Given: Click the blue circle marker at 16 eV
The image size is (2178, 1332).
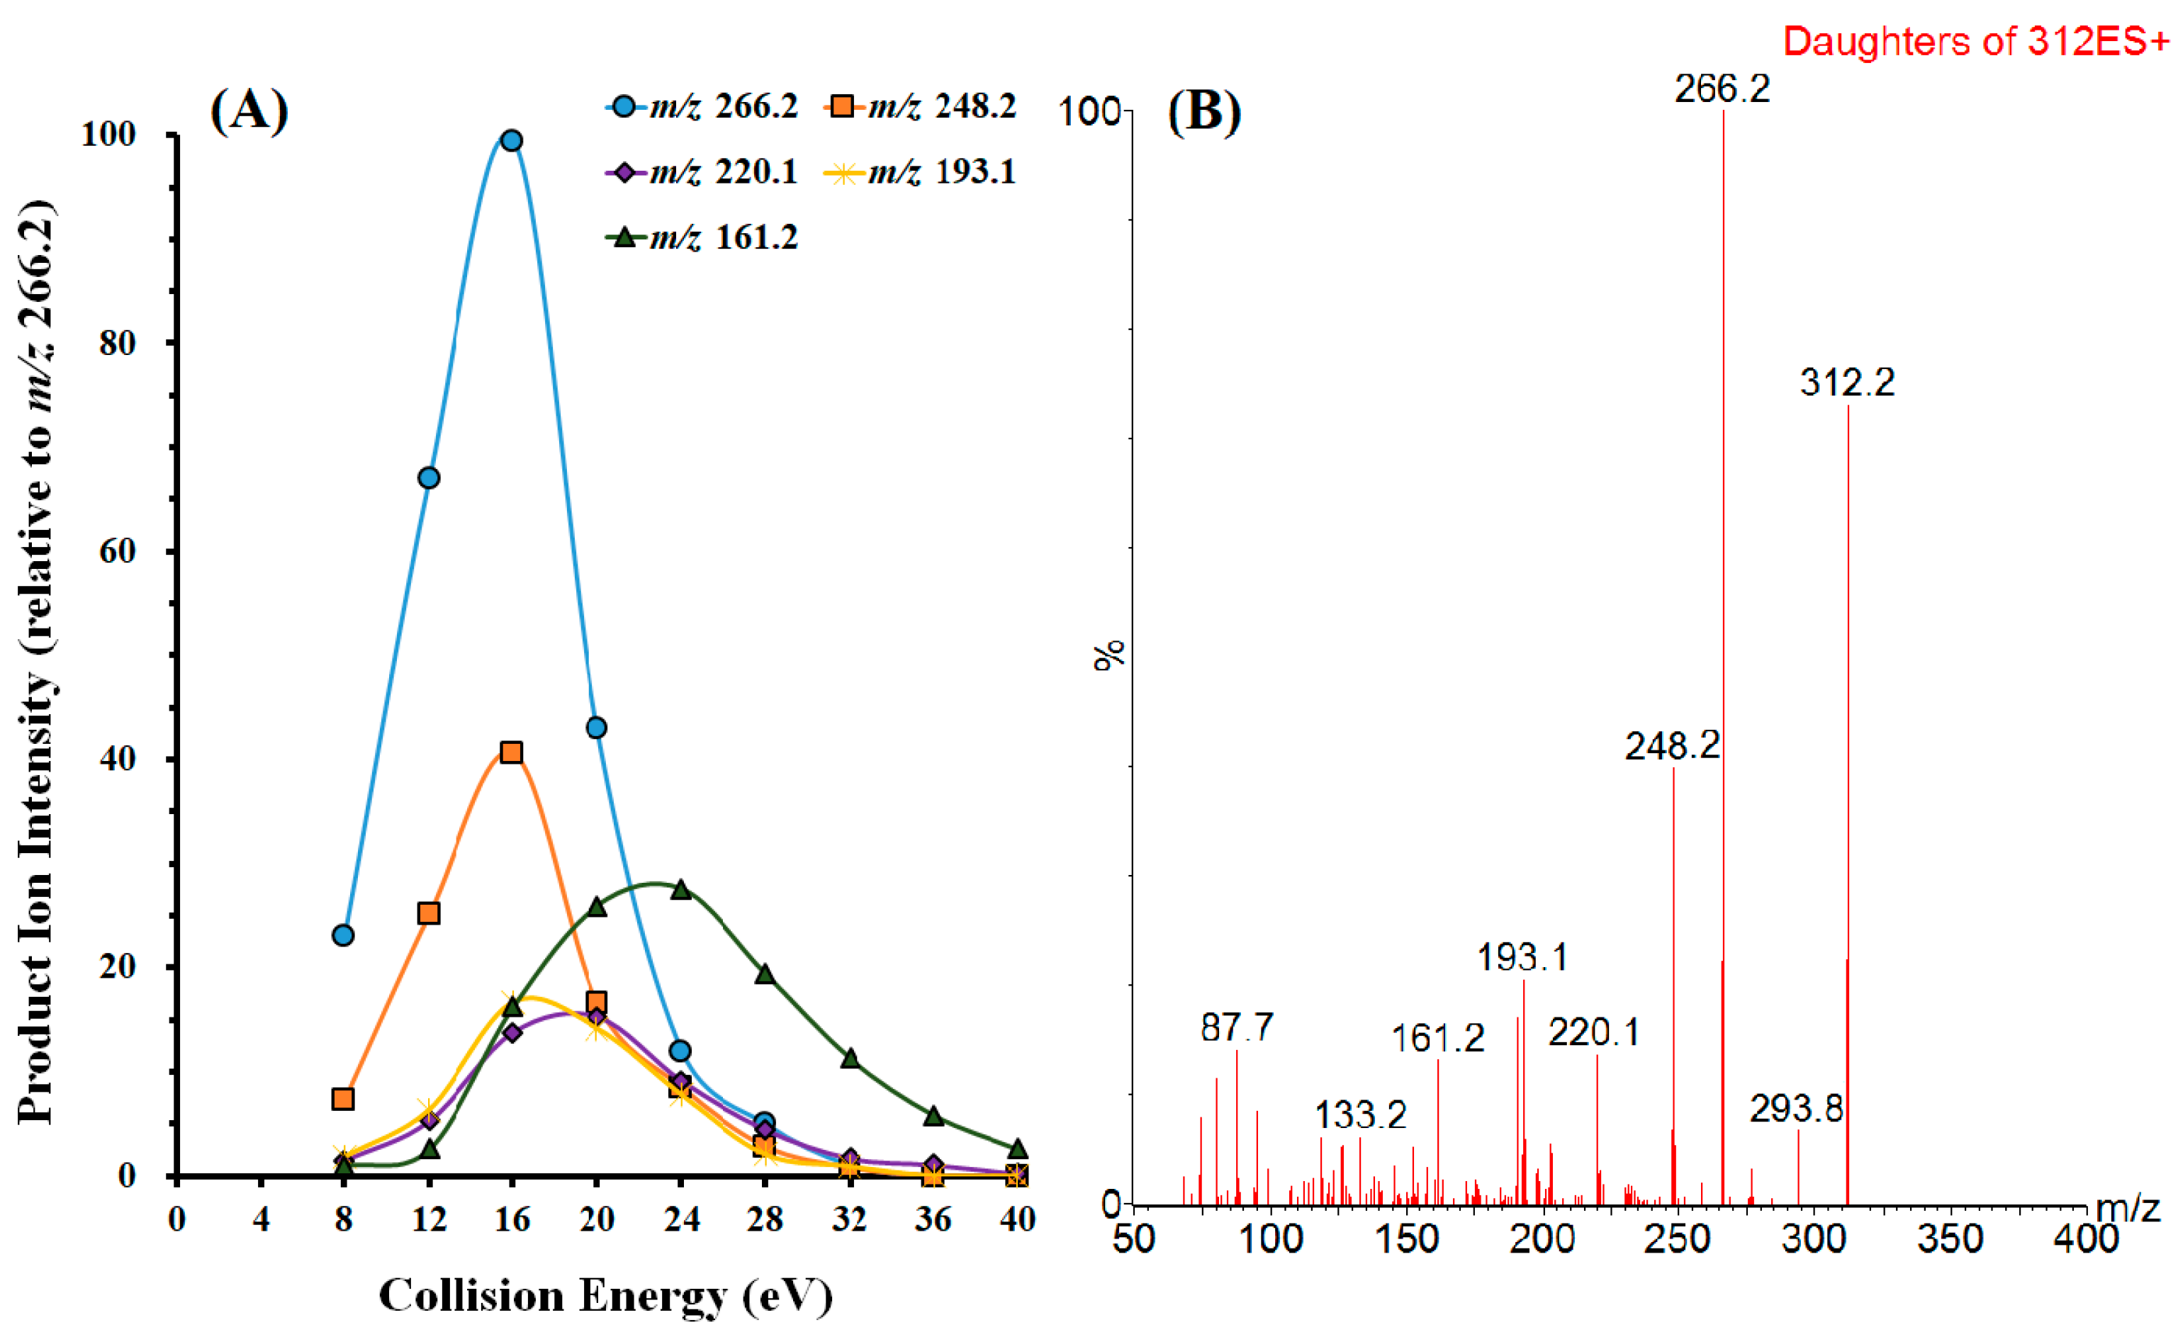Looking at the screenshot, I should click(x=511, y=140).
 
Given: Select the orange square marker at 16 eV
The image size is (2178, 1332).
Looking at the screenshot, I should click(x=511, y=752).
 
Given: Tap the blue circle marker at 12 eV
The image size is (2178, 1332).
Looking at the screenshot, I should click(x=429, y=478).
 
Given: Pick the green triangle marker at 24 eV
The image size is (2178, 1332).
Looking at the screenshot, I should click(x=680, y=890).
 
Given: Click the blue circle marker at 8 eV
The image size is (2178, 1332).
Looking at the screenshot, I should click(x=343, y=935).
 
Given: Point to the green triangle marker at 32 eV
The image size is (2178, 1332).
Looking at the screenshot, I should click(x=851, y=1058).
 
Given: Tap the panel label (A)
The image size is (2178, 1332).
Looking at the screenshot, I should click(x=249, y=111).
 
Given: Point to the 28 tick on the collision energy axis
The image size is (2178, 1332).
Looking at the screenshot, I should click(x=765, y=1220).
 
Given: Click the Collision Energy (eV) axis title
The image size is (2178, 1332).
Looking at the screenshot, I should click(x=605, y=1296).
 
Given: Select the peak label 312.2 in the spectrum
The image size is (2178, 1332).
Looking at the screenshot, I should click(x=1848, y=383).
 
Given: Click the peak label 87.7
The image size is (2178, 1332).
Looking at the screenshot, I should click(x=1237, y=1028).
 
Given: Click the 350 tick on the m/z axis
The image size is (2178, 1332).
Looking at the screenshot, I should click(x=1950, y=1239).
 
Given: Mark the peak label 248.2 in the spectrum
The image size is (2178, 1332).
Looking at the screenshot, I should click(x=1673, y=747).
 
